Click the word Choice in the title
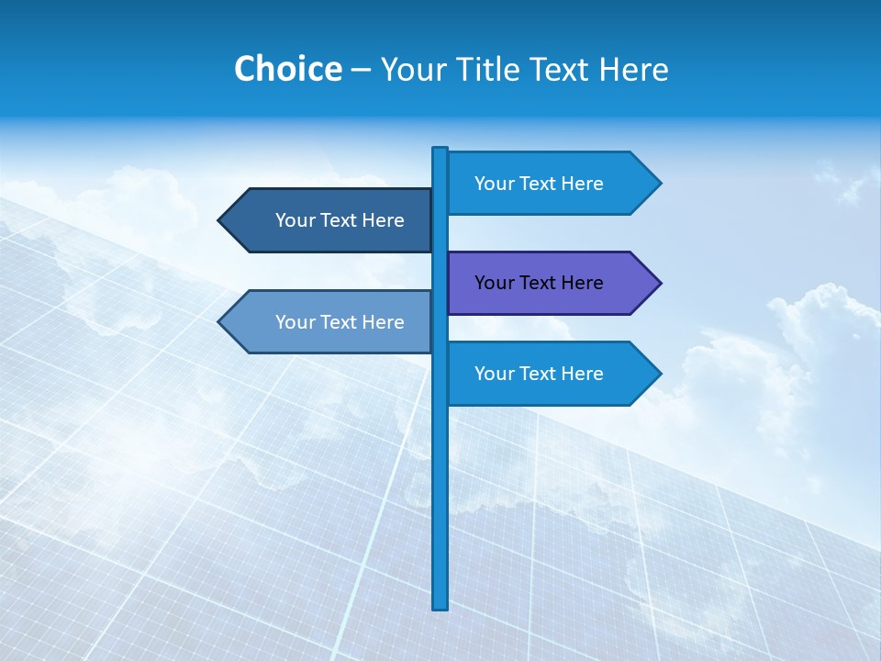(x=287, y=69)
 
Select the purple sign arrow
(x=551, y=283)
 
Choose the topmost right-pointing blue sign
(x=551, y=184)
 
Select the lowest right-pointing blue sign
(x=551, y=374)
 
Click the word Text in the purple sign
(x=539, y=283)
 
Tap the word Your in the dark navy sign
(x=296, y=220)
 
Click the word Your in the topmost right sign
(x=495, y=184)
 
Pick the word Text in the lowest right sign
(x=539, y=374)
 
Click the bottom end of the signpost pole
(x=440, y=606)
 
